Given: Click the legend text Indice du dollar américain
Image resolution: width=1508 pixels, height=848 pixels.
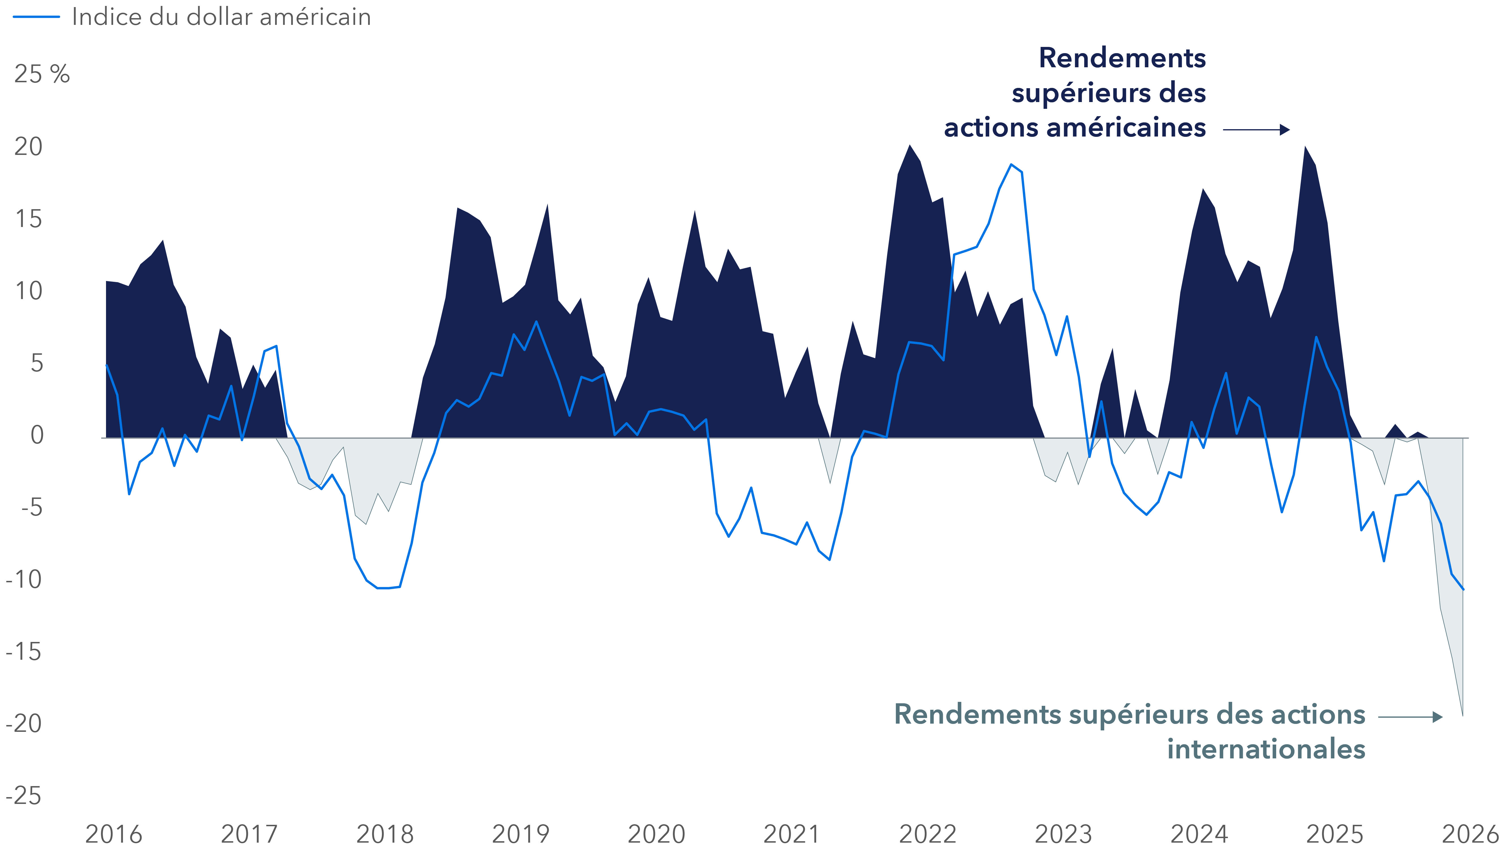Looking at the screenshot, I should (221, 17).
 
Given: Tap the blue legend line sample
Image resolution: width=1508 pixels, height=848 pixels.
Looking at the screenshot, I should (36, 17).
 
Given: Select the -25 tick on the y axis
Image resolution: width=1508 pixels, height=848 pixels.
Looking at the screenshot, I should (23, 796).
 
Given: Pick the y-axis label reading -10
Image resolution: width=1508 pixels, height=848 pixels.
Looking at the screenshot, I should (23, 579).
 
